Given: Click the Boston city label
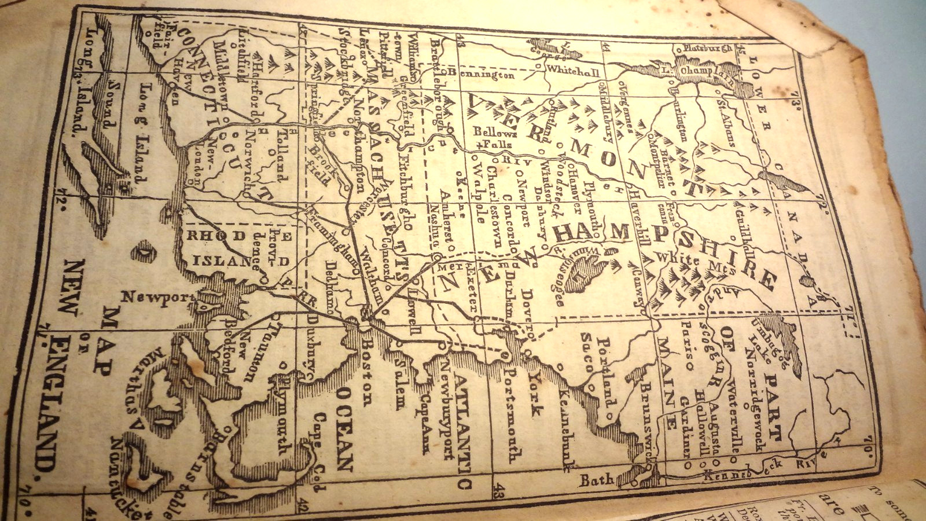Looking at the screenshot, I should (x=366, y=370).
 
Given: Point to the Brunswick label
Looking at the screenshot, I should (x=646, y=418).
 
